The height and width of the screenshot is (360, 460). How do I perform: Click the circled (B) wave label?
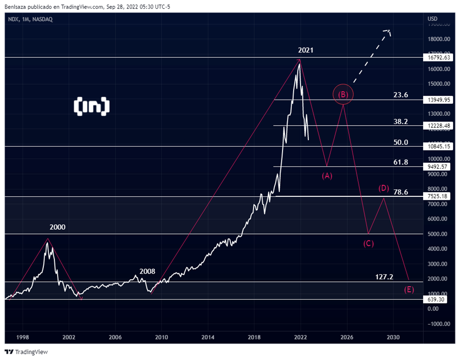[343, 94]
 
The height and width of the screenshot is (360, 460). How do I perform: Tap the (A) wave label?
[327, 176]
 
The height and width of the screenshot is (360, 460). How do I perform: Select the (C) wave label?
[368, 243]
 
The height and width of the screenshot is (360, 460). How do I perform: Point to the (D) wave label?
[383, 188]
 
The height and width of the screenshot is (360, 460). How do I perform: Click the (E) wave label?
[409, 290]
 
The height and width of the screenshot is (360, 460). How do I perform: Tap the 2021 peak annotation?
[306, 50]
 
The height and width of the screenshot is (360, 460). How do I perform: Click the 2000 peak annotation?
[57, 227]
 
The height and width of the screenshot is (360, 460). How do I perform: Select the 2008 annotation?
[147, 271]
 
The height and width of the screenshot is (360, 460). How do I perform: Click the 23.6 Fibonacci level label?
[401, 95]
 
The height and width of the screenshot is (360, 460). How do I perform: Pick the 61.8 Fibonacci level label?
[401, 162]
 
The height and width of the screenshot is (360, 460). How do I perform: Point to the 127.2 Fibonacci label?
[384, 277]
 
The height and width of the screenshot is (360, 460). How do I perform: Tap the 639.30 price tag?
[434, 299]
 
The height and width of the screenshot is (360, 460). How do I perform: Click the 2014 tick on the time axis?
[208, 337]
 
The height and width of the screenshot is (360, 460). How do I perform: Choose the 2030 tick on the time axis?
[393, 337]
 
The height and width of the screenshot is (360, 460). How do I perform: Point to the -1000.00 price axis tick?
[439, 324]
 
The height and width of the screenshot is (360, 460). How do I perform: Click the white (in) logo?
[92, 106]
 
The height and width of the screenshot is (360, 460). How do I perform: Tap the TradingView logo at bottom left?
[26, 352]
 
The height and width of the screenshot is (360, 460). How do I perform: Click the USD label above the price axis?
[432, 19]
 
